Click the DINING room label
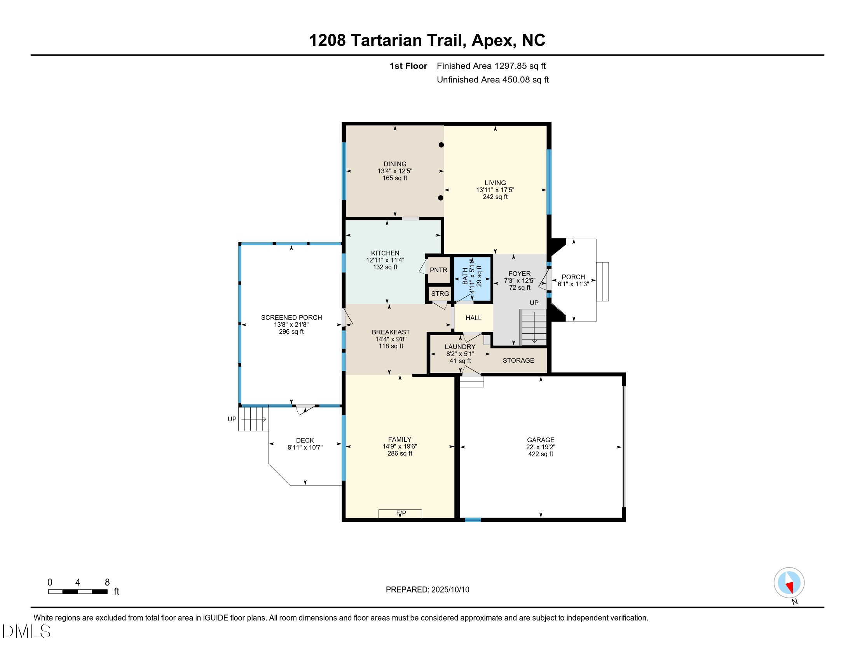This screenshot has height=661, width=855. tap(394, 164)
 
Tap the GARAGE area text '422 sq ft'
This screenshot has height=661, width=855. tap(540, 454)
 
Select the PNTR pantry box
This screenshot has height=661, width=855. tap(438, 270)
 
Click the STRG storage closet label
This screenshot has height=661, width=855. tap(440, 294)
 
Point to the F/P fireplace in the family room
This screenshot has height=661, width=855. tap(400, 513)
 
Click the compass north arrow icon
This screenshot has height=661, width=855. tap(789, 582)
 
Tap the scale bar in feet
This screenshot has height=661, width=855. tap(77, 591)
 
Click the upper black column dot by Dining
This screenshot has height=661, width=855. tap(441, 145)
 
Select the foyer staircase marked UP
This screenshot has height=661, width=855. tap(533, 327)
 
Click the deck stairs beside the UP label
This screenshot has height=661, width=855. tap(253, 419)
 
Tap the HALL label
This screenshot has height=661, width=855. tap(473, 318)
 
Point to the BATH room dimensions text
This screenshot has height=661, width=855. tap(472, 275)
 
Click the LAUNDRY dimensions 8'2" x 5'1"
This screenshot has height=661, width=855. tap(460, 354)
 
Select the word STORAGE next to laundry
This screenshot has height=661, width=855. tap(518, 361)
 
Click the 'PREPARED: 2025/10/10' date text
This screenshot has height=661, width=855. tap(427, 589)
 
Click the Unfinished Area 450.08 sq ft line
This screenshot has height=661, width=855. tap(492, 80)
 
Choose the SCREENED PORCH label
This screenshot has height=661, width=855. tap(291, 318)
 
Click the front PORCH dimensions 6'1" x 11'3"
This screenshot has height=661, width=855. tap(573, 284)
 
